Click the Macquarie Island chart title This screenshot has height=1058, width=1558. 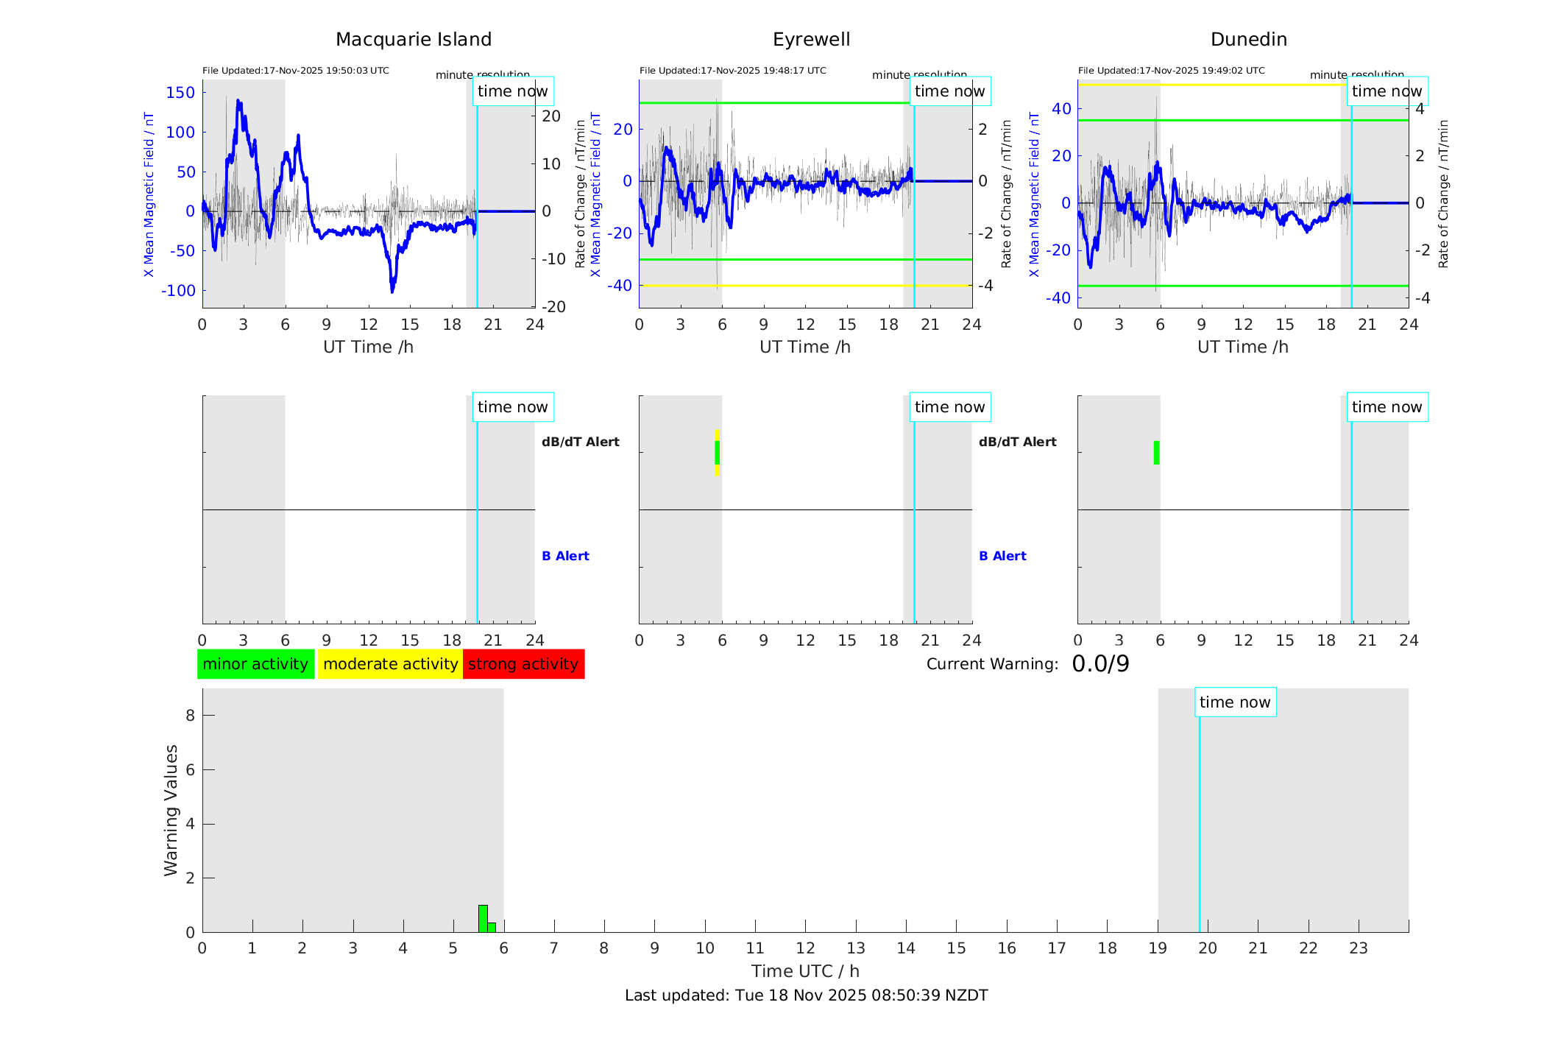coord(413,40)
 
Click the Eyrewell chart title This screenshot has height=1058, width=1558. coord(811,40)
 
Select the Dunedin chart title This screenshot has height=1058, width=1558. coord(1248,40)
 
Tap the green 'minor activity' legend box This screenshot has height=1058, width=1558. coord(255,664)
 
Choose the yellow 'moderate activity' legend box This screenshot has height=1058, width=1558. coord(390,664)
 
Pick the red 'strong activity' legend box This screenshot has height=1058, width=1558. coord(523,664)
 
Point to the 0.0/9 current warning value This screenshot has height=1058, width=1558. coord(1100,664)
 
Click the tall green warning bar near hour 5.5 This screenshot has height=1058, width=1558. coord(483,918)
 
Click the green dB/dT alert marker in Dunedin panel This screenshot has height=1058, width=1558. coord(1156,453)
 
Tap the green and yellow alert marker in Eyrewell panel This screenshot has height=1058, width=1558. coord(717,453)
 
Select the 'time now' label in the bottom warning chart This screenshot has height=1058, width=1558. coord(1235,702)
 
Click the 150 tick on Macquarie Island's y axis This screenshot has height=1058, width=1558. coord(180,93)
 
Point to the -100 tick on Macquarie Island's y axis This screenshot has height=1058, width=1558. coord(179,291)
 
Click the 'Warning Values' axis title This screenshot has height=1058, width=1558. coord(171,810)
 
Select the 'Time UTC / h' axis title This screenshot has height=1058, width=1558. coord(805,971)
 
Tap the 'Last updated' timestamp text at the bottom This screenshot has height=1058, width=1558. coord(806,995)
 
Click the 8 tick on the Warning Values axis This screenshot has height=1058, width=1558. coord(190,716)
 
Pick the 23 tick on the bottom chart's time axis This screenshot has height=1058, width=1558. coord(1358,948)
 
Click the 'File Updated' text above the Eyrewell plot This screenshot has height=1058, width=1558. coord(732,71)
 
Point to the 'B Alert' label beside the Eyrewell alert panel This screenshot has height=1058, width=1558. coord(1002,556)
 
